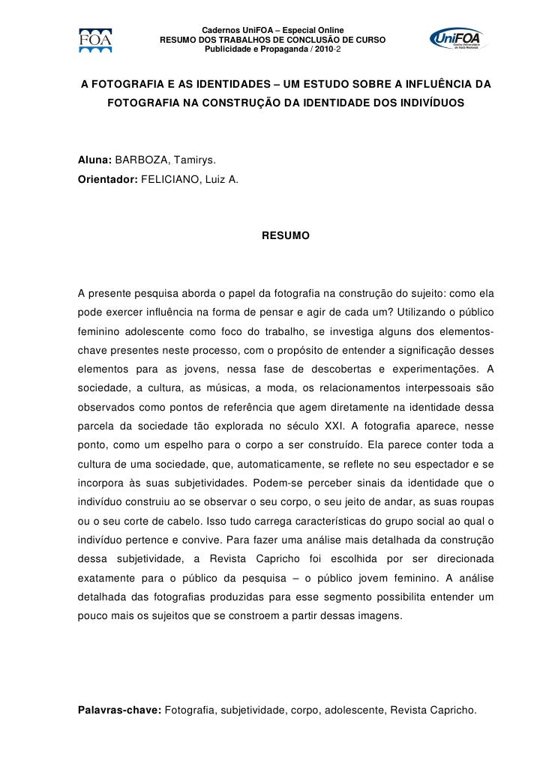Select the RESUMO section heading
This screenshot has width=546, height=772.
[x=284, y=236]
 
